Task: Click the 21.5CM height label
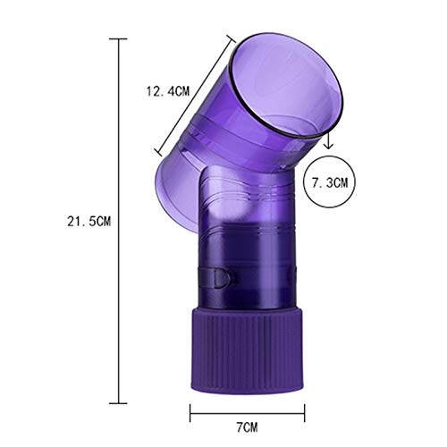point(74,218)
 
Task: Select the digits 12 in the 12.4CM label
point(153,89)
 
